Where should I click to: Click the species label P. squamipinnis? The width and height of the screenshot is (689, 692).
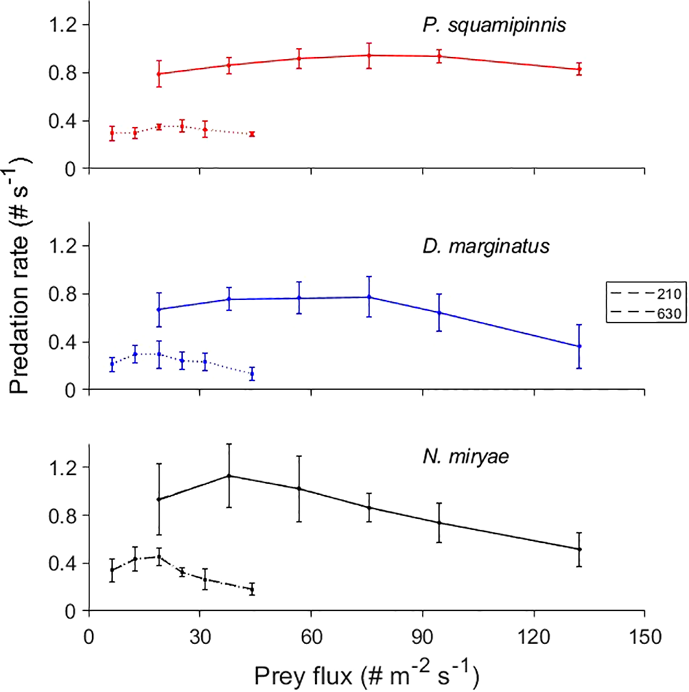click(494, 25)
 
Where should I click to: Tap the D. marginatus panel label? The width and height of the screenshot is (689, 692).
click(485, 246)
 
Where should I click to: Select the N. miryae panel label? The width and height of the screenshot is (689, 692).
click(466, 456)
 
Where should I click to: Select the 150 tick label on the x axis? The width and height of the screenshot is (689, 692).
click(644, 636)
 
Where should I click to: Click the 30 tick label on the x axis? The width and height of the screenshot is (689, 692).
click(200, 636)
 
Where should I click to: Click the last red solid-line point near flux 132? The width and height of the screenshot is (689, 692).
click(579, 69)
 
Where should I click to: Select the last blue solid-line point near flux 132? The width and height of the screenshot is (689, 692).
click(579, 346)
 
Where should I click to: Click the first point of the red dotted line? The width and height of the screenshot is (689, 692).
click(112, 133)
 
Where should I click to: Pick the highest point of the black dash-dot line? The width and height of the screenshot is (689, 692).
click(159, 557)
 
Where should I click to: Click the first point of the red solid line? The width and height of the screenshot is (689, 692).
click(159, 74)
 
